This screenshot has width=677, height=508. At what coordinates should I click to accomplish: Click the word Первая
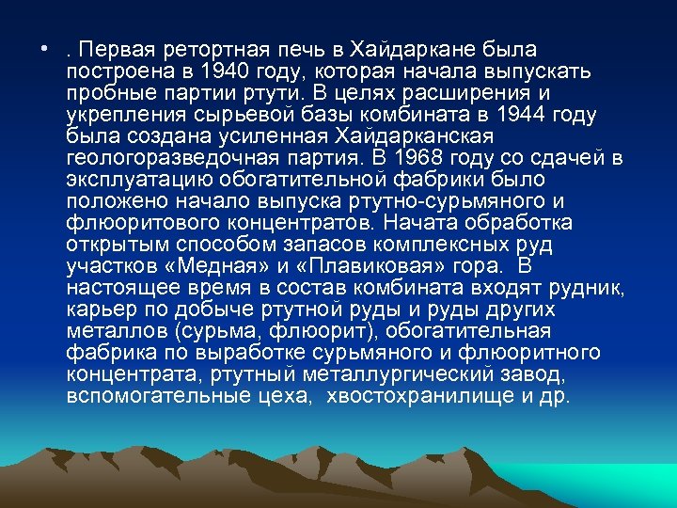tap(120, 49)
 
